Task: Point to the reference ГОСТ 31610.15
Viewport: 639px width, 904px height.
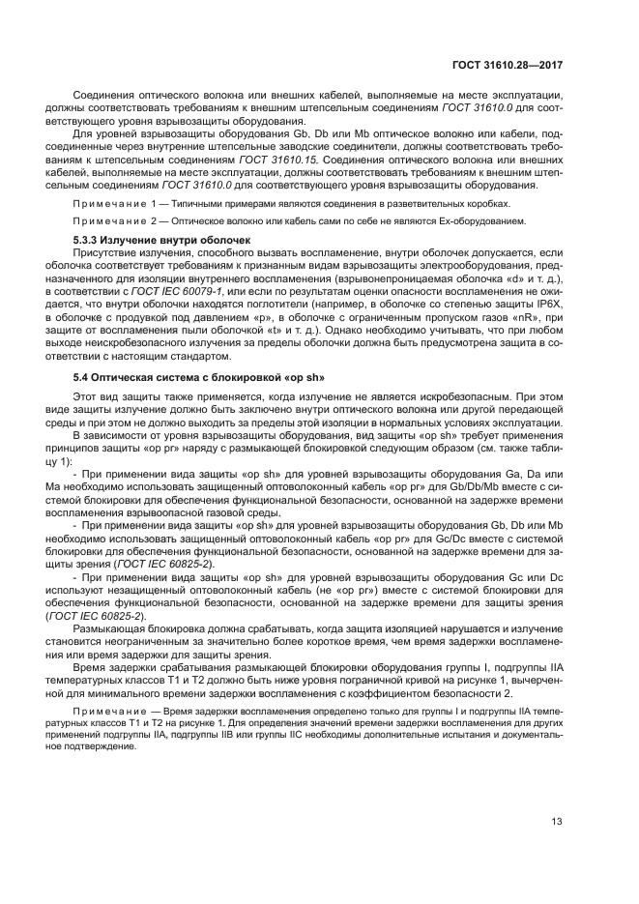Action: (x=276, y=159)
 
